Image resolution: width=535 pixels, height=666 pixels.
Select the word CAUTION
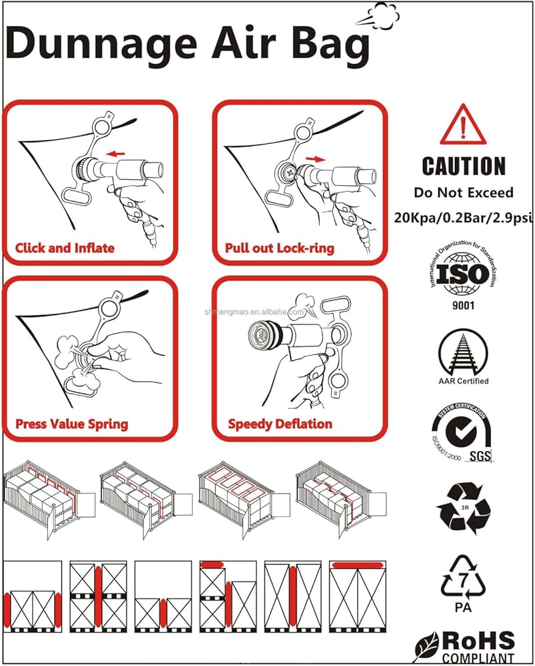[464, 166]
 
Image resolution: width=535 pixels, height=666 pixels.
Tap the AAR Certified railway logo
[463, 353]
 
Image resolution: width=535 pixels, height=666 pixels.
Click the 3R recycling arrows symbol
[462, 509]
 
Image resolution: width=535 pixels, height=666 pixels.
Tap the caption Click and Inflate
[65, 248]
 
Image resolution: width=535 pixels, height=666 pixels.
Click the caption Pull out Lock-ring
[280, 248]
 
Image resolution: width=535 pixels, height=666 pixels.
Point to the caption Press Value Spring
[71, 424]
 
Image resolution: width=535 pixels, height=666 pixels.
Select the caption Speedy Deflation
[280, 424]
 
